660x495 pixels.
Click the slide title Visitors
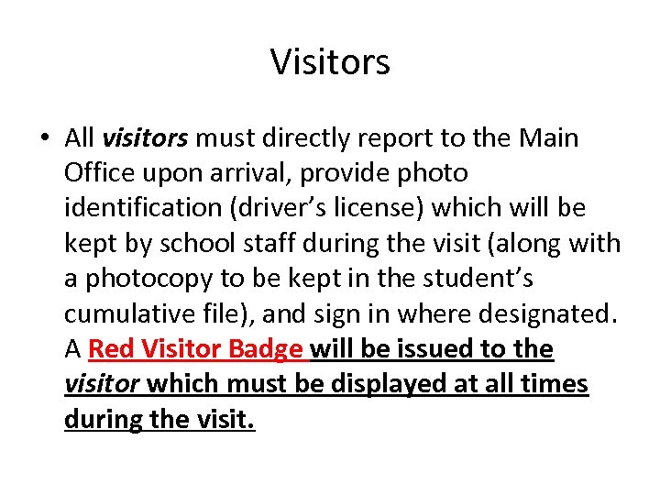click(x=330, y=62)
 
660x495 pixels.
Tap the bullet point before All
click(x=44, y=138)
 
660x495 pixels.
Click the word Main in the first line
click(x=549, y=138)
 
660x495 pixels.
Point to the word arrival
click(x=253, y=173)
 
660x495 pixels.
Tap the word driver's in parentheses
click(x=280, y=208)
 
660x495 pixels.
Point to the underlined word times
click(x=555, y=384)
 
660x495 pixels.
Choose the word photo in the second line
click(x=430, y=173)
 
